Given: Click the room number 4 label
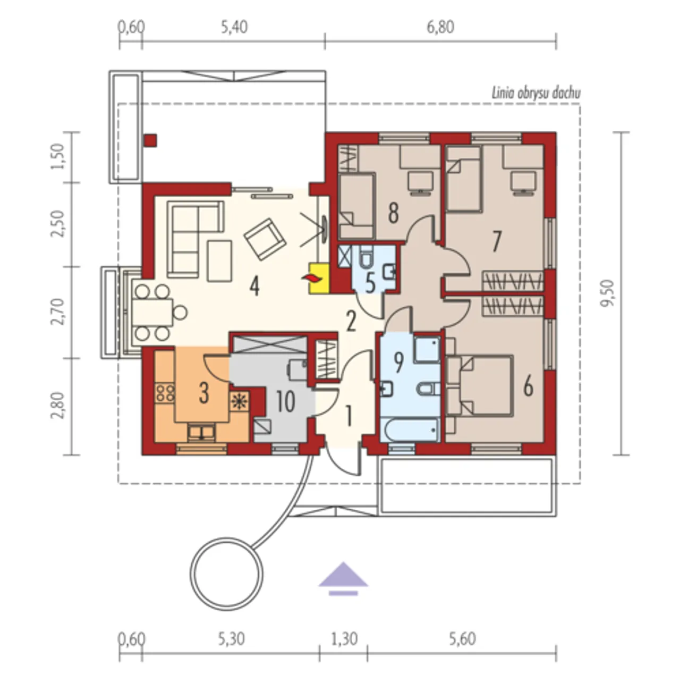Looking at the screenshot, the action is [254, 287].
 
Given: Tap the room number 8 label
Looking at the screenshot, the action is [393, 213].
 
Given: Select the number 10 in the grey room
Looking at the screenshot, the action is [285, 402].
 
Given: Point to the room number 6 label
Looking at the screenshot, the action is [528, 387].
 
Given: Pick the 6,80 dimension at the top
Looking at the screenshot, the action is [440, 27].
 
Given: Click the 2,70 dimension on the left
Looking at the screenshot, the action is [58, 311].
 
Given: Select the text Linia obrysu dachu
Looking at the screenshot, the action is [536, 94].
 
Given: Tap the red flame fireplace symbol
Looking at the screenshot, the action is [312, 279].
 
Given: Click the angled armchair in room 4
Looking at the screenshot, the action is [265, 239].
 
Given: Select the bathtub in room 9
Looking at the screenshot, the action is [410, 430].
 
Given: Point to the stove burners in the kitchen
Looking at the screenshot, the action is [165, 393].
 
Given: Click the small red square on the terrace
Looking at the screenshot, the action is [150, 140].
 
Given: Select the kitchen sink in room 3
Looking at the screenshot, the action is [201, 432].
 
